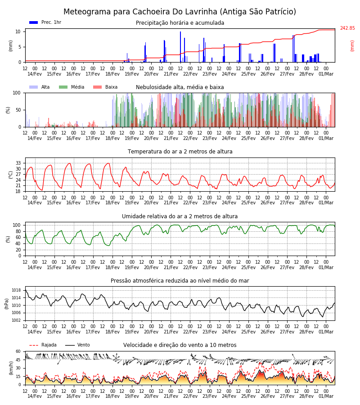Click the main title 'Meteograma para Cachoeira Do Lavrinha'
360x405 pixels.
[141, 12]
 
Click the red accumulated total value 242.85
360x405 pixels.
[347, 28]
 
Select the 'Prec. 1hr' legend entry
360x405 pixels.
[45, 22]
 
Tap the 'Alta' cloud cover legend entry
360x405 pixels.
[40, 87]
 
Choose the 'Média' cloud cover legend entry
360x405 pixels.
[72, 87]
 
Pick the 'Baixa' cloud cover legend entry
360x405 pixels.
[105, 87]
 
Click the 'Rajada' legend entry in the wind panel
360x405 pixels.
[43, 345]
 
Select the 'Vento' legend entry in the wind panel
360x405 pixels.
[77, 345]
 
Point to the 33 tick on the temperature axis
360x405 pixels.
[18, 163]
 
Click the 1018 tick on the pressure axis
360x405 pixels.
[16, 290]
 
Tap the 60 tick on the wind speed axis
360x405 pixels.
[18, 351]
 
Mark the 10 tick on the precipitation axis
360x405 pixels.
[18, 32]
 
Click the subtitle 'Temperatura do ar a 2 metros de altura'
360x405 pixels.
[180, 152]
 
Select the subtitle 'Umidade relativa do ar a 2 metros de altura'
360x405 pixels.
[180, 216]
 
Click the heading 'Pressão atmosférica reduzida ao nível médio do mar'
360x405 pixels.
[180, 281]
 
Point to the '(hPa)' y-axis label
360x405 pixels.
[7, 304]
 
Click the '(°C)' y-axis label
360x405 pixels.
[11, 175]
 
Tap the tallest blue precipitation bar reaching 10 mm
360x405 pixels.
[180, 47]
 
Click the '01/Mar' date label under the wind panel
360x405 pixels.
[326, 396]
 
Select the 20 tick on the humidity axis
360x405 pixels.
[18, 250]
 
